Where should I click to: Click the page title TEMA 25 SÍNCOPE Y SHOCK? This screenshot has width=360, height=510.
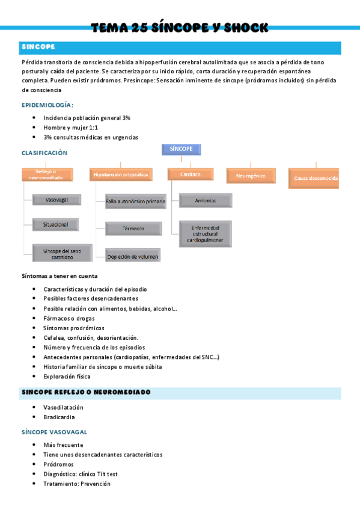pyautogui.click(x=180, y=28)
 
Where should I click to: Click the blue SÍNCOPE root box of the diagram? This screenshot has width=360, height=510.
pyautogui.click(x=181, y=150)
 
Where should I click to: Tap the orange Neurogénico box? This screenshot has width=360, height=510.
pyautogui.click(x=251, y=176)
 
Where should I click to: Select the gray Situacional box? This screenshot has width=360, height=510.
pyautogui.click(x=55, y=224)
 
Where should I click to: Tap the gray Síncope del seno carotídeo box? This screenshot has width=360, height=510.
pyautogui.click(x=63, y=253)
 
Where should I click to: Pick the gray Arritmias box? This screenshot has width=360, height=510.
pyautogui.click(x=206, y=200)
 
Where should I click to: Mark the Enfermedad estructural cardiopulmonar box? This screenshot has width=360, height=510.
pyautogui.click(x=206, y=233)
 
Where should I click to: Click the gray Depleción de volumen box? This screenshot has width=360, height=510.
pyautogui.click(x=133, y=257)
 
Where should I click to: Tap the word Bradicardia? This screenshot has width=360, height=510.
pyautogui.click(x=59, y=417)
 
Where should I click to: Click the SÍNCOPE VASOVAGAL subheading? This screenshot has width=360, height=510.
pyautogui.click(x=54, y=432)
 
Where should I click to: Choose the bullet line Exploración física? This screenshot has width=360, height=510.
pyautogui.click(x=67, y=376)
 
